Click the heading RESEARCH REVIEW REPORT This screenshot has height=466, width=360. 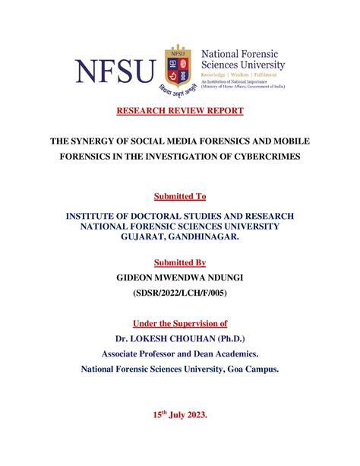point(179,112)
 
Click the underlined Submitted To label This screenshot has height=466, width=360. point(179,197)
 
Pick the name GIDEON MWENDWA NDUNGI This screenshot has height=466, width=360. point(179,278)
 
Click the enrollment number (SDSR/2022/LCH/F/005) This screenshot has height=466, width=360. point(179,293)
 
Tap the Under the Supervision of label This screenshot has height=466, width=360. point(179,322)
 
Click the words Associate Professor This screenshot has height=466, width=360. point(144,353)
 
